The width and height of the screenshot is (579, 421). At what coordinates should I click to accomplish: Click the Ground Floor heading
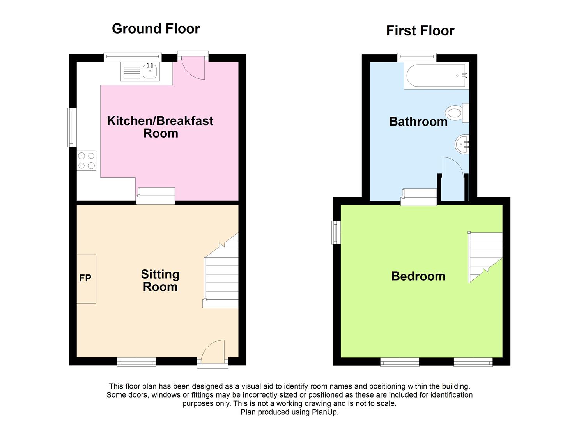coord(156,28)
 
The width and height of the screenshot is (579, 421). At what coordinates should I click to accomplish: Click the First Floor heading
coord(420,31)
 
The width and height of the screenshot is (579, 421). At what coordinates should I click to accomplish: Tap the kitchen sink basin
coord(151,71)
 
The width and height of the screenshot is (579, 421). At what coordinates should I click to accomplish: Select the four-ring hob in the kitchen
coord(87,161)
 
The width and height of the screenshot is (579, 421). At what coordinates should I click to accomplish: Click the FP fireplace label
coord(85,278)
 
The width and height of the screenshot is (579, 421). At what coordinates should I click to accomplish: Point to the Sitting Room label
coord(160,281)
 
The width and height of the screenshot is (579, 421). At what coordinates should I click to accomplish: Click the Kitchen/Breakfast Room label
coord(160,127)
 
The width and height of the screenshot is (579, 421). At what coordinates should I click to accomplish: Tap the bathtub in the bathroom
coord(436,76)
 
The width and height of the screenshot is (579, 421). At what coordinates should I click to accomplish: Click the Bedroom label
coord(418,276)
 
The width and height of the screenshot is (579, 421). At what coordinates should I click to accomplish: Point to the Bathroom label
coord(418,122)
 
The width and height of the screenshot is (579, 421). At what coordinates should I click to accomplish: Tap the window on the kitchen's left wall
coord(73,127)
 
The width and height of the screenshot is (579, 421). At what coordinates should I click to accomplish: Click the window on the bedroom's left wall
coord(336,233)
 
